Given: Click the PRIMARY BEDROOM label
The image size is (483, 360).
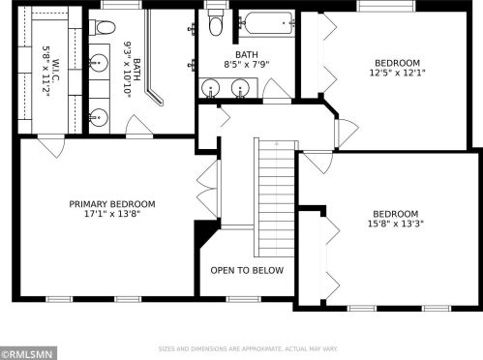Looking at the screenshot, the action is (x=112, y=204).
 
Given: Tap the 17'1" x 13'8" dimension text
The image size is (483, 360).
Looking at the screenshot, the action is (x=112, y=214).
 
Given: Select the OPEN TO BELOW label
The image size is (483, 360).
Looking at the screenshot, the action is (x=247, y=270).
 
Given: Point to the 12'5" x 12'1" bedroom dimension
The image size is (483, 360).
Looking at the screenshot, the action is (x=397, y=73).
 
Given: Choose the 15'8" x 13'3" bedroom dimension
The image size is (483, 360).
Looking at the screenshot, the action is (x=396, y=224).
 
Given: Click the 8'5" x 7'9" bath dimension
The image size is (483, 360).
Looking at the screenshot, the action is (x=247, y=64).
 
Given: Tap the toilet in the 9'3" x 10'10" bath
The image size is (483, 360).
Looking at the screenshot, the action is (x=102, y=27).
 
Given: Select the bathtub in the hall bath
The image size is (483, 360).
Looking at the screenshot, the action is (x=266, y=23).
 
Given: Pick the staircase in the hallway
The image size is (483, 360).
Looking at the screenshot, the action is (x=276, y=197).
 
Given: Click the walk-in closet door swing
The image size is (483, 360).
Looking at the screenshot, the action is (x=51, y=147).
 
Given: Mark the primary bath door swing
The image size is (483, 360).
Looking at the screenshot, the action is (x=139, y=126).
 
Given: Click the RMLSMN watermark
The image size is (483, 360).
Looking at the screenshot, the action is (x=28, y=354).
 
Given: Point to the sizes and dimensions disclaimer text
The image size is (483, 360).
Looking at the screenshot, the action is (x=248, y=348).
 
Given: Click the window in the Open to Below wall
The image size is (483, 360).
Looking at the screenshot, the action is (x=243, y=299).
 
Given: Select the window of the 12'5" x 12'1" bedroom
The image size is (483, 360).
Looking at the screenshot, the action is (x=386, y=6).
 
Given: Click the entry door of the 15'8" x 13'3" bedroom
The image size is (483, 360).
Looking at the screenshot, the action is (x=318, y=163).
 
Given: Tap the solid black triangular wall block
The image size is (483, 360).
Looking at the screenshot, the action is (x=204, y=230).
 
